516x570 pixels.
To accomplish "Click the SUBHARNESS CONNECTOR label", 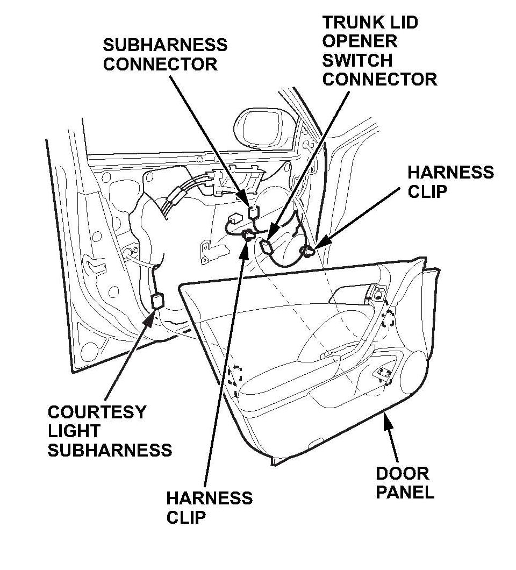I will tap(165, 54).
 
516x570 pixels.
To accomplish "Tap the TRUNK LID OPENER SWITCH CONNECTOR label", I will tap(379, 51).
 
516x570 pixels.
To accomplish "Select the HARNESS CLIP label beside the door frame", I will tap(450, 182).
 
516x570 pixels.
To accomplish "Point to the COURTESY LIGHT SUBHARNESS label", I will tap(110, 431).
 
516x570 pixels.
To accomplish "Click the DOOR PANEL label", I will tap(404, 483).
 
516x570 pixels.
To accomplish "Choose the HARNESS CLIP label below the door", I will tap(209, 507).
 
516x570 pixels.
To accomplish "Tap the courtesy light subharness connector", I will tap(157, 301).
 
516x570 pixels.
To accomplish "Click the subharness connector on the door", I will tap(253, 211).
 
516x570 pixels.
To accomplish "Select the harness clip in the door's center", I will tap(248, 234).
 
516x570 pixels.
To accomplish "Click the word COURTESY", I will tap(97, 412).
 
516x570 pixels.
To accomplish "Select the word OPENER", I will tap(360, 41).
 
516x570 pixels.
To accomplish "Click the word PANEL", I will tap(404, 492).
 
